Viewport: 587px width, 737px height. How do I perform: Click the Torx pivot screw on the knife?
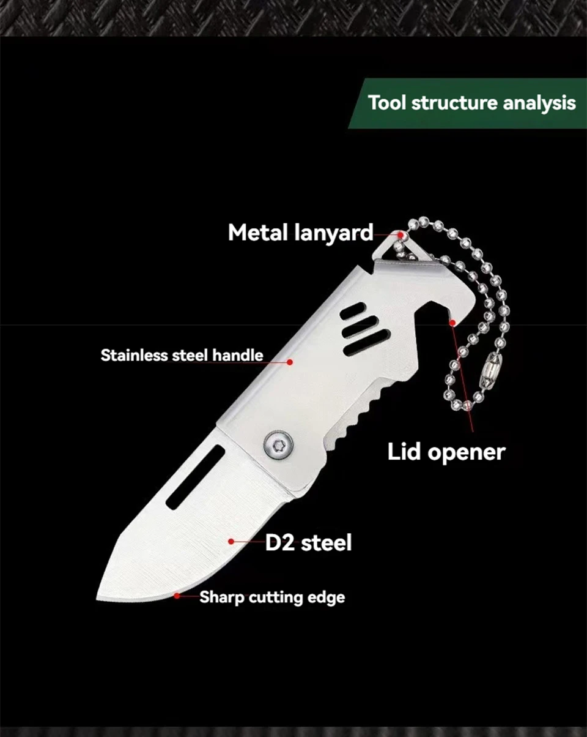click(x=278, y=445)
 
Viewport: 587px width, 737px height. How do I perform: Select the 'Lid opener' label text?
click(x=446, y=453)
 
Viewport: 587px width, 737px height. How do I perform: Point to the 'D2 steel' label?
click(x=308, y=542)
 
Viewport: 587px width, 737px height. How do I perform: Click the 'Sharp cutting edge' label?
click(x=272, y=597)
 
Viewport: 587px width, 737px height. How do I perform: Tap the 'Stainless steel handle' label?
click(x=182, y=355)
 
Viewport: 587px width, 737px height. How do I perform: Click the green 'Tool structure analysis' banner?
click(x=467, y=103)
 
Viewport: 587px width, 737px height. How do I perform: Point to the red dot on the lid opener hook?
click(x=452, y=323)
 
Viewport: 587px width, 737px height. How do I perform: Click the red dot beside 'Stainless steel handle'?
click(x=290, y=362)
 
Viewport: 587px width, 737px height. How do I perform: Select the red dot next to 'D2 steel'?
click(x=231, y=542)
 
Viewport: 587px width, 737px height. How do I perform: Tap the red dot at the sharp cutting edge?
click(x=177, y=596)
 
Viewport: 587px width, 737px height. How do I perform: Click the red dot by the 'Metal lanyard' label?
click(x=401, y=235)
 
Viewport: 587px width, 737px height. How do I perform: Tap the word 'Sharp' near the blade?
click(x=221, y=598)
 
